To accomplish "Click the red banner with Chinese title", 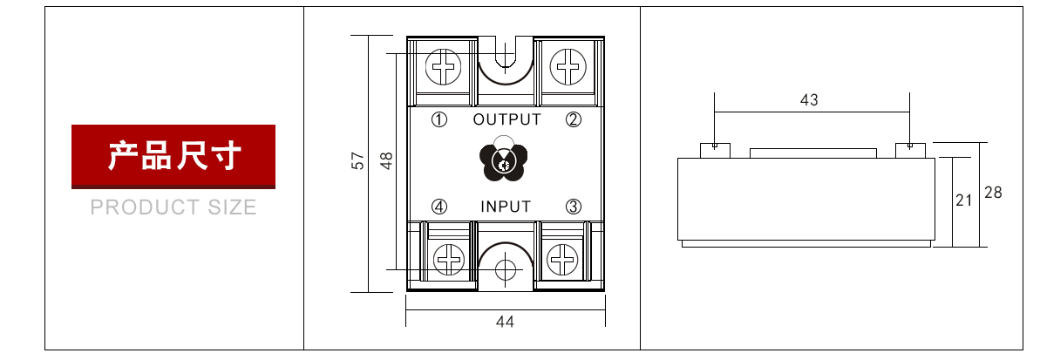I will click(173, 157).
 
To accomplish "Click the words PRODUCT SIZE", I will click(173, 207).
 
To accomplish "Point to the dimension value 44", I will click(505, 322).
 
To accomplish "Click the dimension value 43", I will click(809, 100).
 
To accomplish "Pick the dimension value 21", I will click(963, 200).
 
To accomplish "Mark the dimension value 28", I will click(993, 193).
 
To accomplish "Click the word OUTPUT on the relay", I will click(506, 119).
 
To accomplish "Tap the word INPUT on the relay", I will click(506, 207).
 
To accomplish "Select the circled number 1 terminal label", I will click(440, 119).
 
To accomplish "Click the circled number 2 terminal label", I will click(573, 119).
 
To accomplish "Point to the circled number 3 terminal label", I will click(573, 207).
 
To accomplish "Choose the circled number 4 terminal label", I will click(440, 207).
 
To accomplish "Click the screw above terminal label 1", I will click(444, 66).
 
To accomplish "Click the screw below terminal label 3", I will click(563, 259).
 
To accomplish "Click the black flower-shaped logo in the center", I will click(505, 160).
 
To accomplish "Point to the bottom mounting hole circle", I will click(505, 268).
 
